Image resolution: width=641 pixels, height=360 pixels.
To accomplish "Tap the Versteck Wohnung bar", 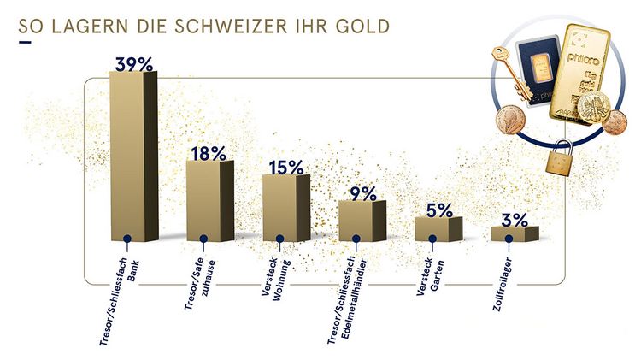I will [284, 209].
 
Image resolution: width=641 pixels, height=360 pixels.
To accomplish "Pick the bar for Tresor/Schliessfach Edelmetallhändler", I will [362, 221].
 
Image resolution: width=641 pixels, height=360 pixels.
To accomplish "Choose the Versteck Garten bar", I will [438, 229].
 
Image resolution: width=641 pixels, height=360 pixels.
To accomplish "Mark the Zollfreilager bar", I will [514, 233].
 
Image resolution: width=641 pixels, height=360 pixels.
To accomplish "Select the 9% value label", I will [362, 193].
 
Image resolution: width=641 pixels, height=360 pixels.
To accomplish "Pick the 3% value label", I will [515, 220].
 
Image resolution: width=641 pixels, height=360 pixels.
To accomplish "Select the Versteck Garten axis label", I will [429, 274].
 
